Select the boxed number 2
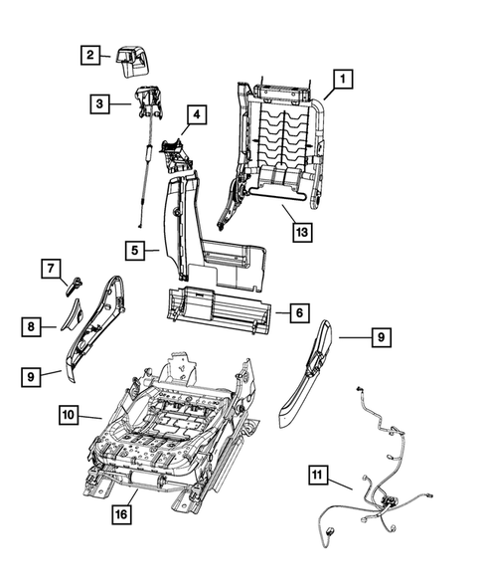pyautogui.click(x=89, y=56)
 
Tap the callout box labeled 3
pyautogui.click(x=99, y=102)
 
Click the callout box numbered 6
pyautogui.click(x=297, y=313)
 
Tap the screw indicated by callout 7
pyautogui.click(x=74, y=285)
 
